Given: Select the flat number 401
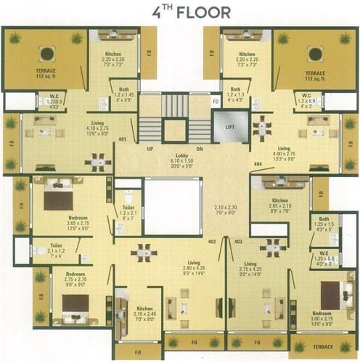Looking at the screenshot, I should [x=123, y=139].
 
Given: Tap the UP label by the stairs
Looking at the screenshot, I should [x=150, y=149].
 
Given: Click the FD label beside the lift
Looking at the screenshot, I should [x=216, y=102].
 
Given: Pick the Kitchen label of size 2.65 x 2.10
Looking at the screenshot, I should [x=280, y=200].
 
